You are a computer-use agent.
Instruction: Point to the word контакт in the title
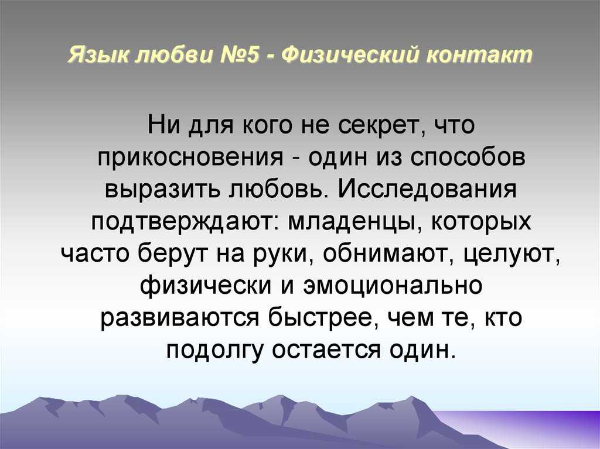tap(479, 55)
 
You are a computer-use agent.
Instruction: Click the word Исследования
tap(427, 189)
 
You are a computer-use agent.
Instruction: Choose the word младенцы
tap(352, 222)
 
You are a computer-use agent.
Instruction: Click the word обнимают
tap(386, 253)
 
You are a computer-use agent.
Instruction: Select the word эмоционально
tap(393, 286)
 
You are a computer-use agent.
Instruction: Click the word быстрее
tap(321, 318)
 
